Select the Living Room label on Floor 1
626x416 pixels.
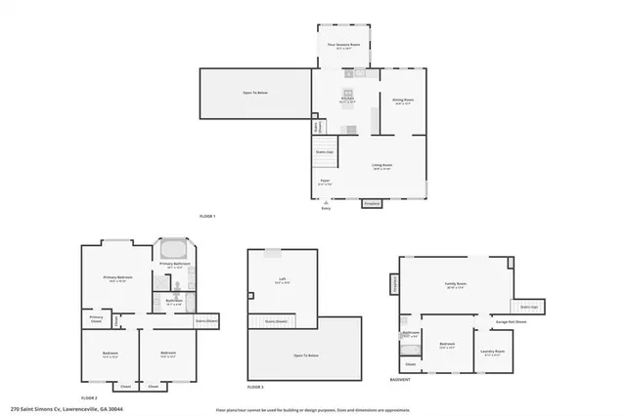[381, 166]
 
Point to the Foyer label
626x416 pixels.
[325, 182]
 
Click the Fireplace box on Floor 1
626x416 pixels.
[372, 204]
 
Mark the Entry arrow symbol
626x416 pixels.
[326, 201]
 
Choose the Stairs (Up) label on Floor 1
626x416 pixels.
[324, 152]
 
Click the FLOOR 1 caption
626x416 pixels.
[206, 216]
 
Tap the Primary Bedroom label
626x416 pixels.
[118, 279]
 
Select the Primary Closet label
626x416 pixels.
[97, 317]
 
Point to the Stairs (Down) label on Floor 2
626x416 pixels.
[206, 319]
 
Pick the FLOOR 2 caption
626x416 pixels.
[90, 398]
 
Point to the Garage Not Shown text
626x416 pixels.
[513, 321]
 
